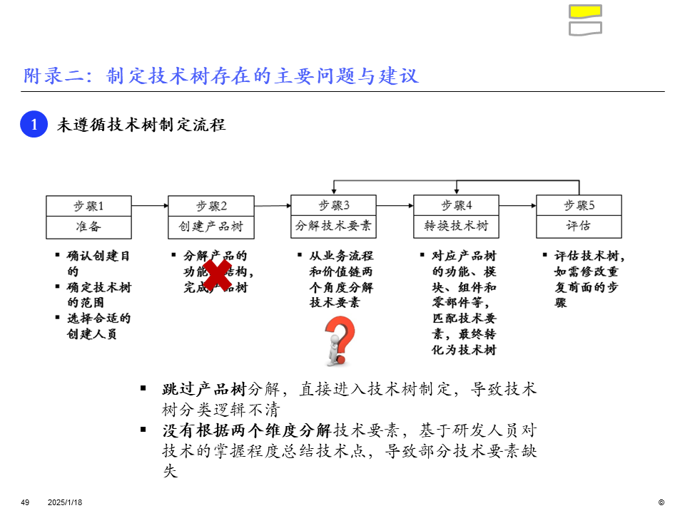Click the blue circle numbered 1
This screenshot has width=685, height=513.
point(34,125)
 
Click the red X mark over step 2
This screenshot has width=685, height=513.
point(216,274)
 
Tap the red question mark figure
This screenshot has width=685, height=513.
point(339,341)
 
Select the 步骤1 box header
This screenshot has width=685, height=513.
point(89,206)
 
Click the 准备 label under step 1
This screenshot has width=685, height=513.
point(89,227)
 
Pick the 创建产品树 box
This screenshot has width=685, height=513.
point(211,227)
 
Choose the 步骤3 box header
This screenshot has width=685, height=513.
point(334,206)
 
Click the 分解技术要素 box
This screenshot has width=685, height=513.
point(334,227)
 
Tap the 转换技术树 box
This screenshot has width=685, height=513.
point(457,227)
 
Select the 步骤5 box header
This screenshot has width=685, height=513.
point(579,206)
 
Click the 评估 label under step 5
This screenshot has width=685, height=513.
point(579,227)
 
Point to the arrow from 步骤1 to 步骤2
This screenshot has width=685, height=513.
point(150,206)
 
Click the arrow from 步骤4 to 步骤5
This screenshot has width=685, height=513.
point(517,206)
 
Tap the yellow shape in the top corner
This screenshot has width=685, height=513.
point(585,11)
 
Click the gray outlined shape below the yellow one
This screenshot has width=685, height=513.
point(585,28)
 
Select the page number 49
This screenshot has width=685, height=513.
point(25,502)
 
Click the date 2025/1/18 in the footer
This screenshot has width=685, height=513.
point(65,502)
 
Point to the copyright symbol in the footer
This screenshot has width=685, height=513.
point(661,502)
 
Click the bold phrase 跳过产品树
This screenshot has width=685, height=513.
point(204,389)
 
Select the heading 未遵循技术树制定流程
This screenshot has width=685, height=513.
point(141,125)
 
